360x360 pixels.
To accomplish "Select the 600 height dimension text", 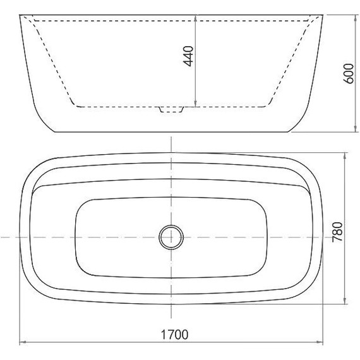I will (347, 74).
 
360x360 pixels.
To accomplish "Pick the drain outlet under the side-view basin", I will (171, 111).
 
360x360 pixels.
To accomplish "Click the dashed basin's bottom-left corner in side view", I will (75, 106).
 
